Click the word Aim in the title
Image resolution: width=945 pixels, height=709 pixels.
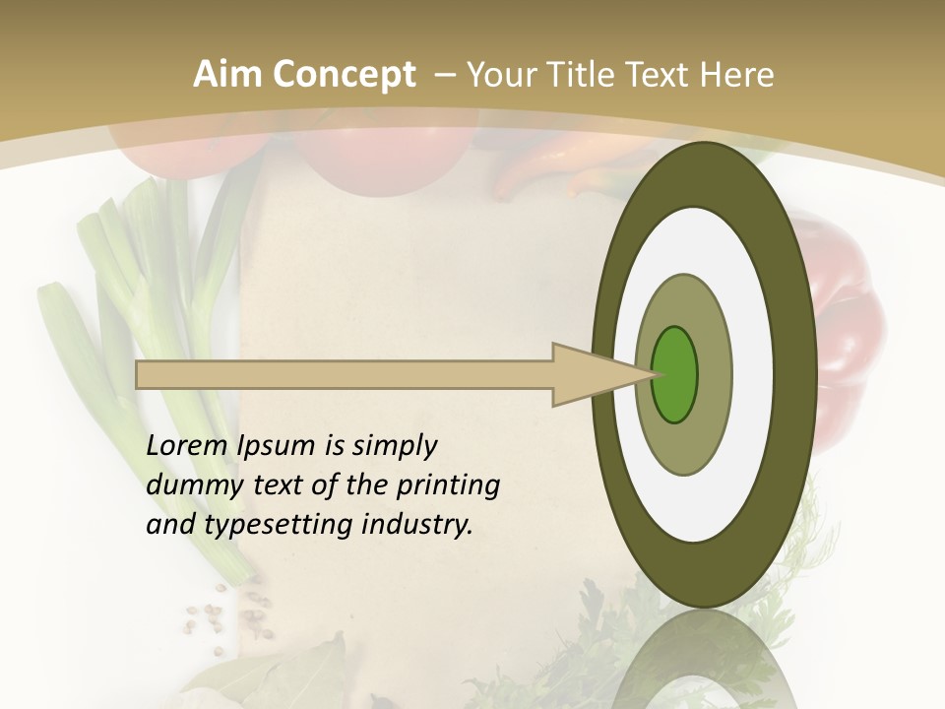[x=227, y=75]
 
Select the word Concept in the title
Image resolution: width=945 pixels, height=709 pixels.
[x=344, y=75]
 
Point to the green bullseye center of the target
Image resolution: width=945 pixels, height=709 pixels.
[x=674, y=374]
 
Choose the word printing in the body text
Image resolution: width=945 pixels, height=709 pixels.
[x=448, y=486]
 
